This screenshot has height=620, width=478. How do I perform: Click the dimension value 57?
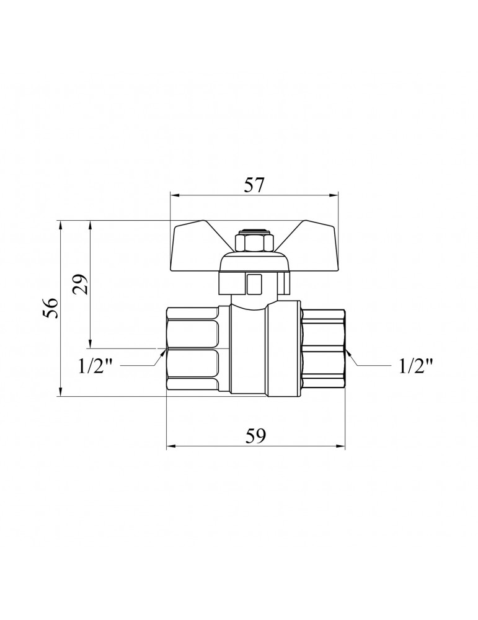click(x=254, y=185)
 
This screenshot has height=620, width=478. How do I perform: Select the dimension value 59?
click(x=256, y=436)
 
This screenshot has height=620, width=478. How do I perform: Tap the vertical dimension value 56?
click(x=51, y=308)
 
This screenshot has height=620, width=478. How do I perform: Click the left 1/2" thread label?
click(x=97, y=366)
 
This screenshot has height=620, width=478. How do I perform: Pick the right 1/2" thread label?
click(x=415, y=366)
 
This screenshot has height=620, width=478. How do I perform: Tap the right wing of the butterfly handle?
click(x=308, y=246)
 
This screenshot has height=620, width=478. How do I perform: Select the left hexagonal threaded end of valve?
click(x=193, y=349)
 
